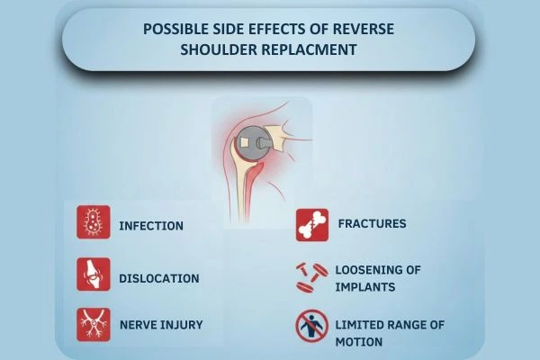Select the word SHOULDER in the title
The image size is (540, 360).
tap(221, 49)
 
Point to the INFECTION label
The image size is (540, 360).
tap(151, 224)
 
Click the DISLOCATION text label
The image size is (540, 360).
tap(159, 277)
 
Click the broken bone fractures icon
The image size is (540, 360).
tap(311, 225)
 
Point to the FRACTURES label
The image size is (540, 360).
tap(372, 222)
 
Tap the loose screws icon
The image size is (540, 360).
tap(311, 277)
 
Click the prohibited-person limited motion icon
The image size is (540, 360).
tap(311, 326)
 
